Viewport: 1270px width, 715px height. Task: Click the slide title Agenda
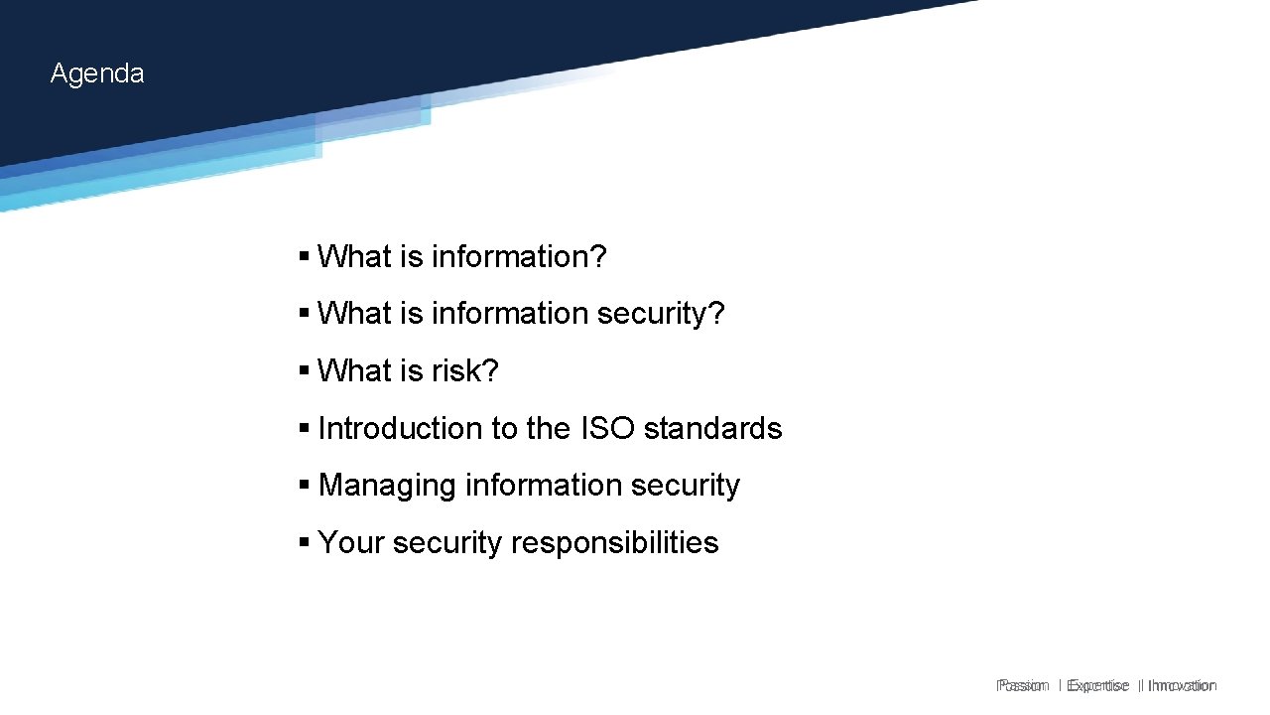click(97, 73)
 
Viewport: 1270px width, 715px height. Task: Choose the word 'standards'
click(712, 429)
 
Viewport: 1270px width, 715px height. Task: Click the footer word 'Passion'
click(1023, 685)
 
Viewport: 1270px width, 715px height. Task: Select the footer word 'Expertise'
click(1097, 685)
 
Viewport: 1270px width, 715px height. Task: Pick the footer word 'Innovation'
click(1182, 685)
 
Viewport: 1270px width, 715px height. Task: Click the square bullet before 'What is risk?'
click(304, 371)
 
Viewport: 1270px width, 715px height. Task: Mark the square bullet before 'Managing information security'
click(304, 486)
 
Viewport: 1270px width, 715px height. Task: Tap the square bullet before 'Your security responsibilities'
click(304, 543)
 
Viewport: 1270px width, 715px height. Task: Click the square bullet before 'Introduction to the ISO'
click(304, 429)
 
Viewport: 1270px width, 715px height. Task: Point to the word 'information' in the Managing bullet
click(529, 486)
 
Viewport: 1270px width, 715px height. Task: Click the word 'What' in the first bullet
click(354, 257)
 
